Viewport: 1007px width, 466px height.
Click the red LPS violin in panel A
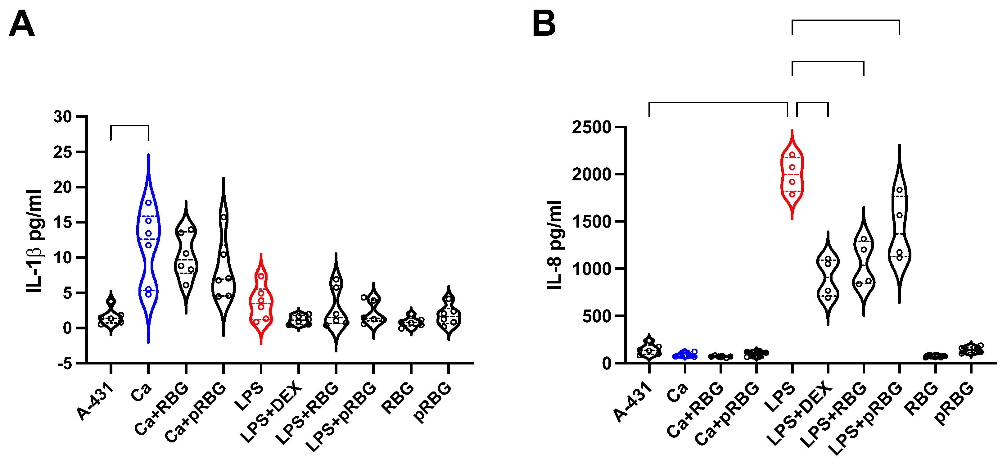[x=261, y=301]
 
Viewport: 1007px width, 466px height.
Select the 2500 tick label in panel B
[x=591, y=128]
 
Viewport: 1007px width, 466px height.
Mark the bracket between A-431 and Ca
[x=130, y=126]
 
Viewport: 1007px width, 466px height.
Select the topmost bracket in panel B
[x=846, y=20]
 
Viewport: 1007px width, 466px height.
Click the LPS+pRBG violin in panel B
[x=900, y=227]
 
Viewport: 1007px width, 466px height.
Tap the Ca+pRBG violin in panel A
[x=223, y=266]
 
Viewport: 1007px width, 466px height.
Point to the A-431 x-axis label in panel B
[x=633, y=403]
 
